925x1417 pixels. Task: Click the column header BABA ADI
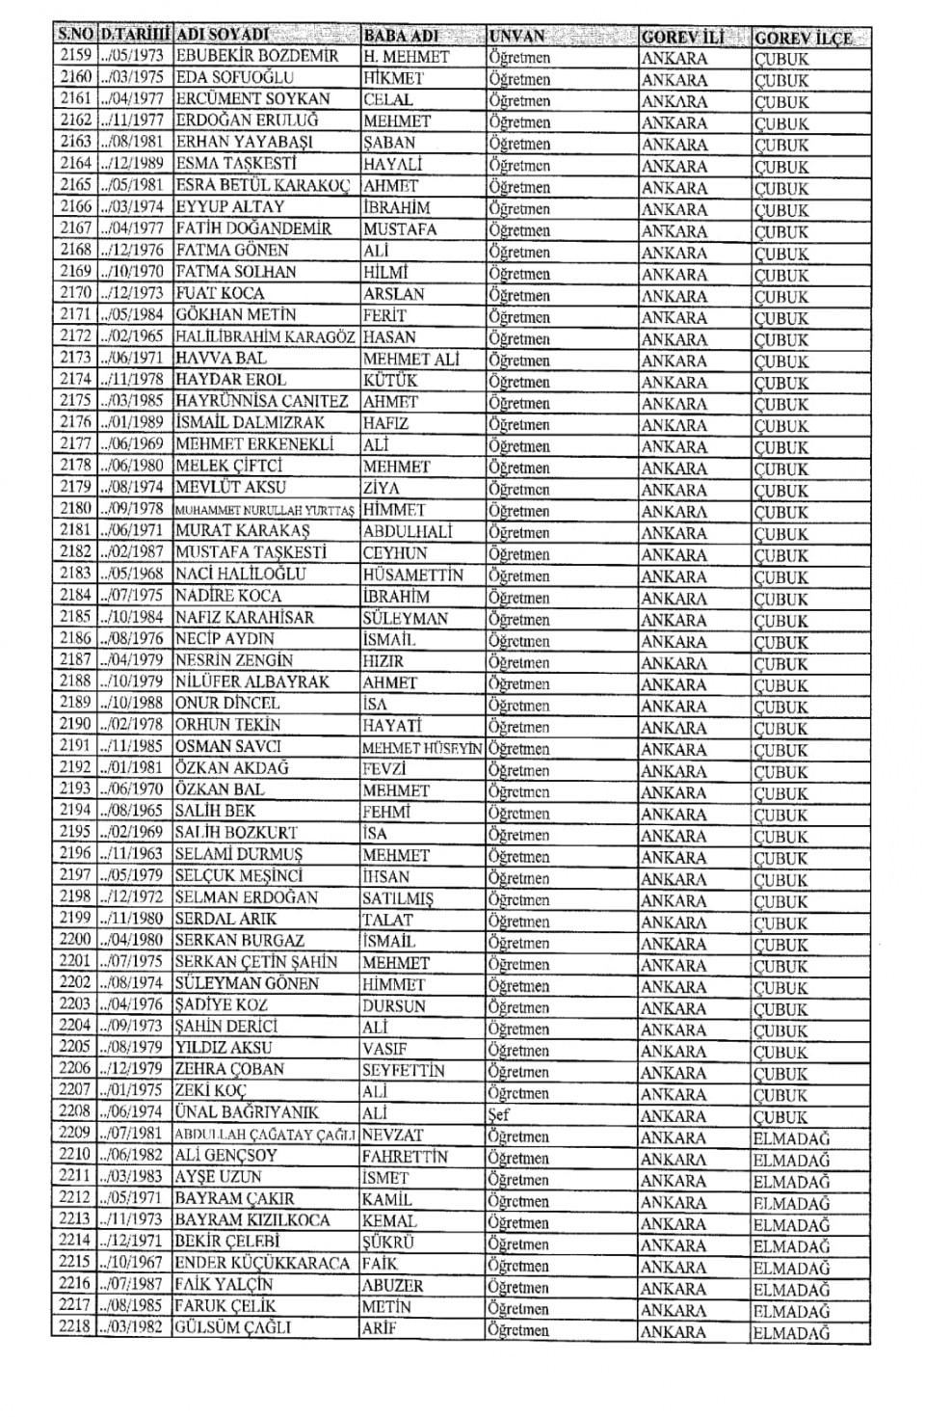[401, 37]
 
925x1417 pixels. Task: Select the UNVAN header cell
[518, 37]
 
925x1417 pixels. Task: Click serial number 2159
[74, 56]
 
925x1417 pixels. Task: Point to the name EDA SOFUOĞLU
[234, 78]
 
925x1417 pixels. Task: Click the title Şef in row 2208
[499, 1115]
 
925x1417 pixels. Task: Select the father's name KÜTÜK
[390, 380]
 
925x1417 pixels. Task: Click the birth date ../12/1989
[134, 164]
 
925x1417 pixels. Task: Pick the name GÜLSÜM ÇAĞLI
[232, 1328]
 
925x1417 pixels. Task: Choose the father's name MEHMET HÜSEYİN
[422, 748]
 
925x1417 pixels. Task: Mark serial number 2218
[74, 1328]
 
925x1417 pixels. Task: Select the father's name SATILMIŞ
[398, 898]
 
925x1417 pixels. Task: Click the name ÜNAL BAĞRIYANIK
[247, 1113]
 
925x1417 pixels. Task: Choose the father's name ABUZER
[392, 1286]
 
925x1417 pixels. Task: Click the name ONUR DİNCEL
[227, 704]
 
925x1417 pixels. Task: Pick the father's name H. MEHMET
[406, 57]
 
